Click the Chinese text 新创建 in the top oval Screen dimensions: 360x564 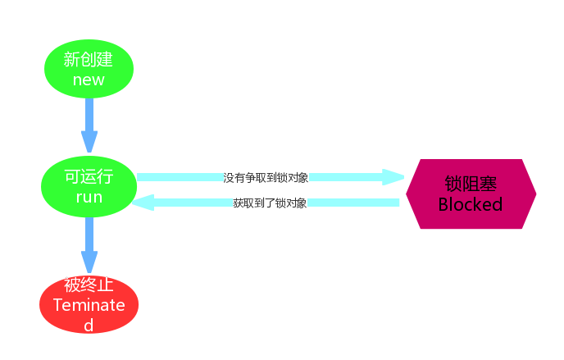(x=89, y=60)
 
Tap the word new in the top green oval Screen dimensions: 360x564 (x=89, y=80)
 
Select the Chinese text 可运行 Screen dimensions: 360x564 (x=89, y=177)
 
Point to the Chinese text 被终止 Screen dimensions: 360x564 (x=89, y=285)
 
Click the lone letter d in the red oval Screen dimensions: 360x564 (x=89, y=325)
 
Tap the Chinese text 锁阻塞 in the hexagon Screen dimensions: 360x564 (x=471, y=184)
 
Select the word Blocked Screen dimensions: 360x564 (x=471, y=204)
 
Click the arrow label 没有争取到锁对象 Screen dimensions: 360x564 (x=266, y=177)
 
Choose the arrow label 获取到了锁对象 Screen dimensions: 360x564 (x=270, y=203)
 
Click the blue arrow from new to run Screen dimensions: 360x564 (x=89, y=123)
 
